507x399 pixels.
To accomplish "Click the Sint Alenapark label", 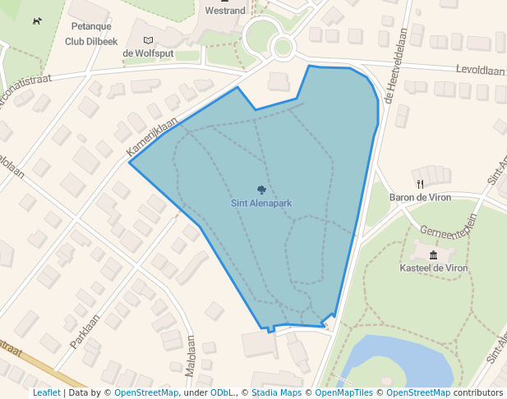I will (261, 203).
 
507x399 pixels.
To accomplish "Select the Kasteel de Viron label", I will (433, 268).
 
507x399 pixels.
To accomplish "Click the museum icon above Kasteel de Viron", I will (433, 255).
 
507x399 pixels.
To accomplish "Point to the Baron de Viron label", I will (421, 197).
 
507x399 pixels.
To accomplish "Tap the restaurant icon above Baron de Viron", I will (421, 184).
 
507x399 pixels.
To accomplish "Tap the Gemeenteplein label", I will (449, 225).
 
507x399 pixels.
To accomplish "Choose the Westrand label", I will (224, 11).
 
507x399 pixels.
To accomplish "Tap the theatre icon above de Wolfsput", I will (148, 40).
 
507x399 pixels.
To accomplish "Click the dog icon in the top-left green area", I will (36, 21).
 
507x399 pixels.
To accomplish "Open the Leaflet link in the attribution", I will (47, 392).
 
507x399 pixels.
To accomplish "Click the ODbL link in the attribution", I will (223, 392).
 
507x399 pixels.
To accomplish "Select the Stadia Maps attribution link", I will (275, 392).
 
